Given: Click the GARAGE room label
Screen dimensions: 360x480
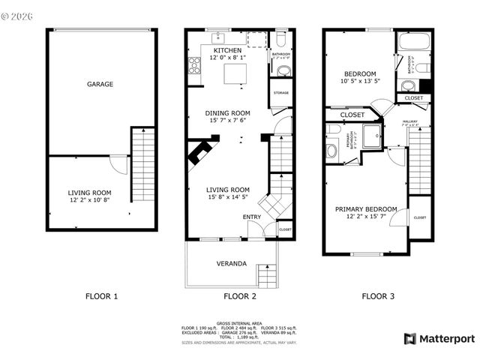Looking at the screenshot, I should coord(99,84).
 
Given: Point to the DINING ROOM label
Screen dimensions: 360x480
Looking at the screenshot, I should coord(227,114).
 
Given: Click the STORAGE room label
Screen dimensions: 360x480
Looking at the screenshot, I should coord(281,93).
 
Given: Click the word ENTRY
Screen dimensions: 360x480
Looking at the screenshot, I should coord(252,217).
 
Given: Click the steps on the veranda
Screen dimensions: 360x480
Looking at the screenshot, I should coord(266,275).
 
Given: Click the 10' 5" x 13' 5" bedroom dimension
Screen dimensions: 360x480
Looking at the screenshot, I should coord(361,81).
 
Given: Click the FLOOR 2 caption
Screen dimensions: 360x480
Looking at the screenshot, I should coord(239,296).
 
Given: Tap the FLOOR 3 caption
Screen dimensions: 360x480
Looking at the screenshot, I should coord(376,296).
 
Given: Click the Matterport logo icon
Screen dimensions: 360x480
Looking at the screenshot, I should coord(409,338).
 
